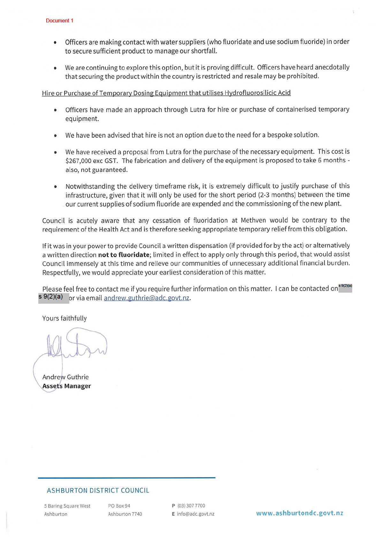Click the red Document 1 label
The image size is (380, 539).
click(x=59, y=20)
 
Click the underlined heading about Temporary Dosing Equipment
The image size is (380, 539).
click(x=166, y=93)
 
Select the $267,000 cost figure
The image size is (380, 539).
click(x=78, y=160)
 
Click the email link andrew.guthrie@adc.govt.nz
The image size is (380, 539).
click(x=147, y=298)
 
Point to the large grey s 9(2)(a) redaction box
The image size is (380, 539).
click(x=53, y=298)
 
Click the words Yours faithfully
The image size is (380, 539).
click(x=65, y=318)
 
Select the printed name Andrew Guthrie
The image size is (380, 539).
click(x=65, y=377)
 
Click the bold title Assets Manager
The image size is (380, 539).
click(x=66, y=386)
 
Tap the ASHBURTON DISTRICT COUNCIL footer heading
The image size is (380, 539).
click(x=98, y=490)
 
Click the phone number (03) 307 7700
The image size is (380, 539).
click(x=191, y=506)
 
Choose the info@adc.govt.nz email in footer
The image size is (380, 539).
click(x=195, y=514)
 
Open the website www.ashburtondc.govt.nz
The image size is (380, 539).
click(x=300, y=513)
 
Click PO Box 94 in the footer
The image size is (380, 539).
click(x=119, y=506)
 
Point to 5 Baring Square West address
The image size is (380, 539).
click(x=67, y=506)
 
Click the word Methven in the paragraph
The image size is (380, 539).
click(x=253, y=220)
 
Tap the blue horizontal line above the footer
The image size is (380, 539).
click(x=126, y=478)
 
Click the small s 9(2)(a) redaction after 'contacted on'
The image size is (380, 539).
click(x=345, y=287)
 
